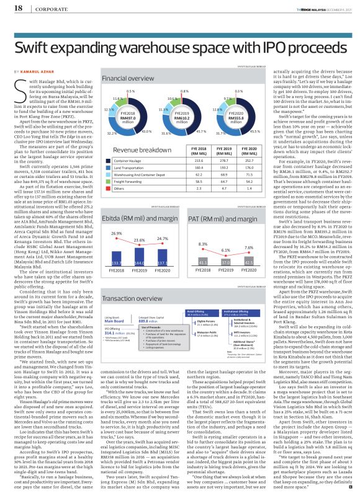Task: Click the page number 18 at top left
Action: tap(11, 9)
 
